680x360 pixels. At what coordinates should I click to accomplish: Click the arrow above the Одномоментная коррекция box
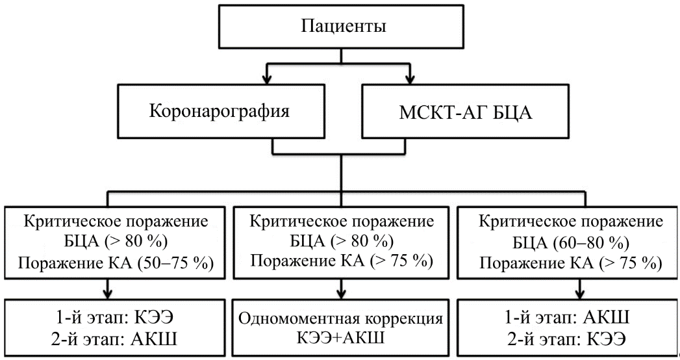[x=339, y=290]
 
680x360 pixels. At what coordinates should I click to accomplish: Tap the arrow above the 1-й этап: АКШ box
[x=563, y=290]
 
